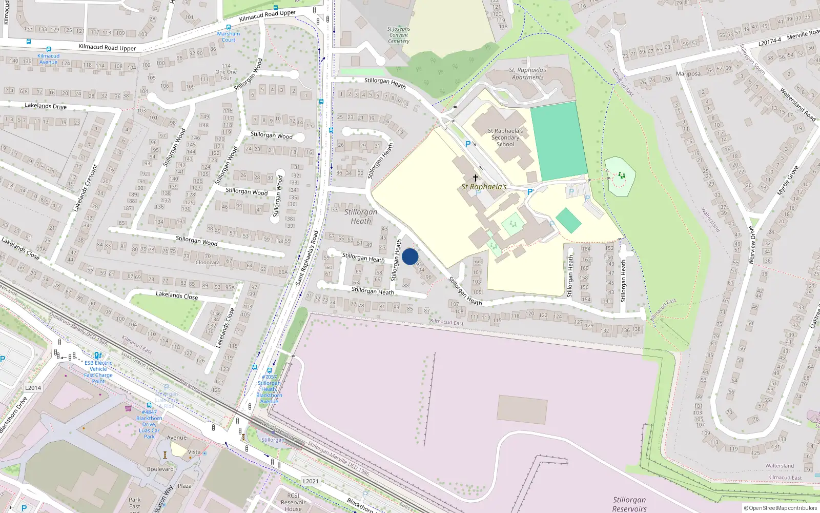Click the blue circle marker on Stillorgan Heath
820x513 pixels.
410,256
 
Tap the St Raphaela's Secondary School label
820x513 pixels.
505,137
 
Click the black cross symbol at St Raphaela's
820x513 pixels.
475,178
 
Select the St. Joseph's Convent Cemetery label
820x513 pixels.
398,35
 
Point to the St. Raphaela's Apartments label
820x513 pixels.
528,73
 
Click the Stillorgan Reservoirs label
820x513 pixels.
629,504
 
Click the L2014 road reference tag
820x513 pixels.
33,388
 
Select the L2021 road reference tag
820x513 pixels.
311,481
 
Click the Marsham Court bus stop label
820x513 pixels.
229,36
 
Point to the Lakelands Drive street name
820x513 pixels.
46,106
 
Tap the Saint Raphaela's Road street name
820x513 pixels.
307,258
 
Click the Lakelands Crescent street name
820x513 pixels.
85,188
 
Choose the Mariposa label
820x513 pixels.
688,74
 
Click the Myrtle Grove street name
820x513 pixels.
787,180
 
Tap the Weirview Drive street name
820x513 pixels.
752,245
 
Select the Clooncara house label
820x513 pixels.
208,262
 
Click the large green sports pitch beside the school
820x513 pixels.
558,141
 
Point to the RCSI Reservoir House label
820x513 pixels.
293,502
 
